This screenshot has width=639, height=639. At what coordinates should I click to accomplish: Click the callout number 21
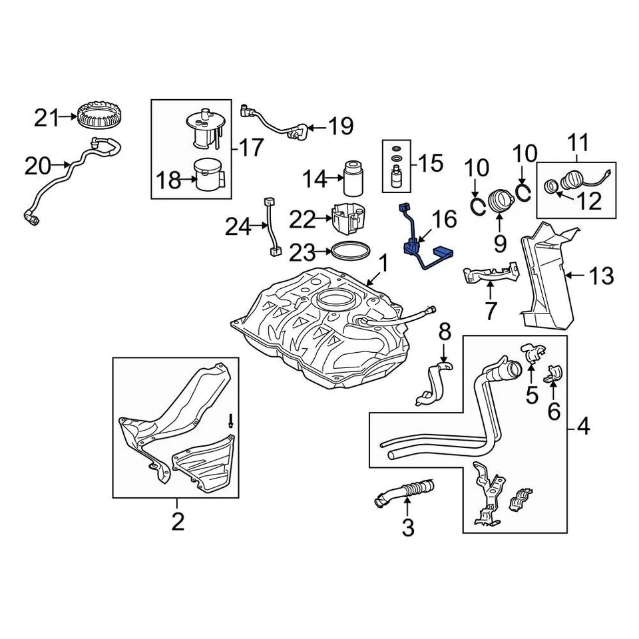47,118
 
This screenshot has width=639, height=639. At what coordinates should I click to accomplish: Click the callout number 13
602,274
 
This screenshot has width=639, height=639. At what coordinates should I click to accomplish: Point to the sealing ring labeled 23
351,251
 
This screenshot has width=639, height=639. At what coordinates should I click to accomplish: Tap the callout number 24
238,228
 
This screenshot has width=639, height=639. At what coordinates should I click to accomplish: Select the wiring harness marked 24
271,226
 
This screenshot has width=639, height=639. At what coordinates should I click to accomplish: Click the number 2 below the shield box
177,523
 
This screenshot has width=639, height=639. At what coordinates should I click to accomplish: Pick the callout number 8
445,331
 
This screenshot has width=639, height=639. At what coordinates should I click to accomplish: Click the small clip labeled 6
552,374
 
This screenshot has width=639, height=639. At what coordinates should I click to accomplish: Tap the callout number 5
531,395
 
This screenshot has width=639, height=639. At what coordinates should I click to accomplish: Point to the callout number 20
38,165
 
